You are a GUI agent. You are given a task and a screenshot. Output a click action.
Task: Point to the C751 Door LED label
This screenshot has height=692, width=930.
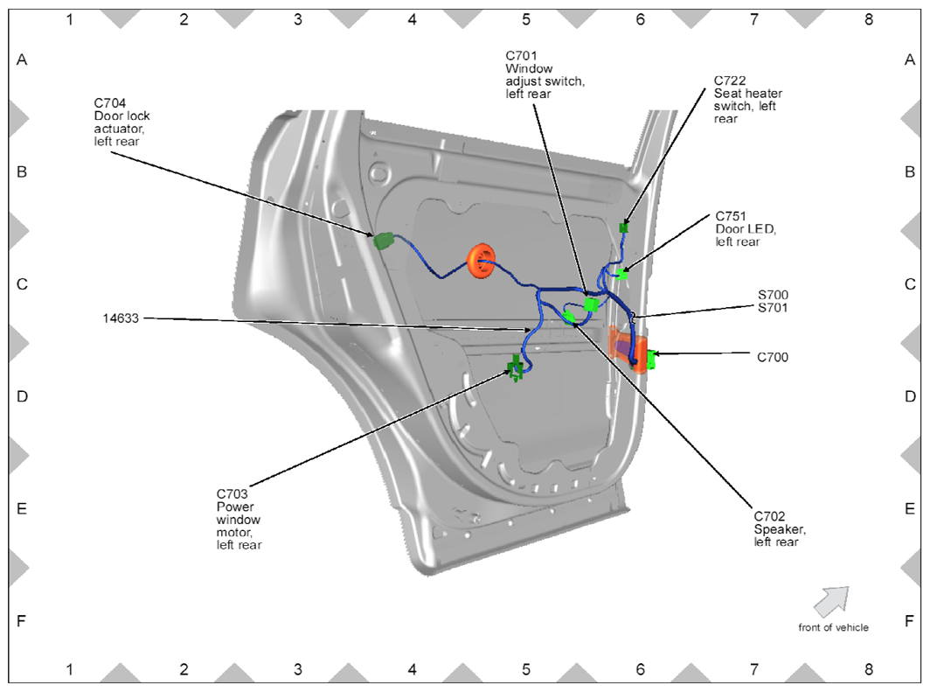[x=745, y=229]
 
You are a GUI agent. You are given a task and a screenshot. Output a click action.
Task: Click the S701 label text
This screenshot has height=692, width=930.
[x=774, y=309]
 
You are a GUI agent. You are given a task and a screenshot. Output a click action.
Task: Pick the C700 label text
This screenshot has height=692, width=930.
[x=773, y=357]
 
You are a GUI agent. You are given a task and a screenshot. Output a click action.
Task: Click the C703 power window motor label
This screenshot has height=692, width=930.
[x=238, y=520]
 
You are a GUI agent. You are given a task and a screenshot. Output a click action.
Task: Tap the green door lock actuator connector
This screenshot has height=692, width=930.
[x=384, y=241]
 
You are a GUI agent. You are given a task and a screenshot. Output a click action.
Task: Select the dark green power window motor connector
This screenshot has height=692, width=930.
[x=516, y=367]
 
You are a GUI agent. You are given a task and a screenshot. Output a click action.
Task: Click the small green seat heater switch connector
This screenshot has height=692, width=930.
[x=624, y=227]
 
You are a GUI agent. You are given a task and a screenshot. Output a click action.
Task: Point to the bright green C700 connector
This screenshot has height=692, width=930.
[x=651, y=359]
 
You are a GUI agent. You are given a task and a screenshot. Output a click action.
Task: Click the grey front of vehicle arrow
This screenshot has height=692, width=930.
[x=831, y=601]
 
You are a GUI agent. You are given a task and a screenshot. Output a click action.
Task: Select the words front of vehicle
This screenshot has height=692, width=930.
[x=833, y=627]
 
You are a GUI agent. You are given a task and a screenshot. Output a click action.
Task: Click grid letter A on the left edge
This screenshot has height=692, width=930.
[x=22, y=60]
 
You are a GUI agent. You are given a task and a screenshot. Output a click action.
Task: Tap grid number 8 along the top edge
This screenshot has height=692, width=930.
[x=868, y=18]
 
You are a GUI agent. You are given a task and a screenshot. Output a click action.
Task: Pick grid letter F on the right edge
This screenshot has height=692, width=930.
[x=909, y=621]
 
